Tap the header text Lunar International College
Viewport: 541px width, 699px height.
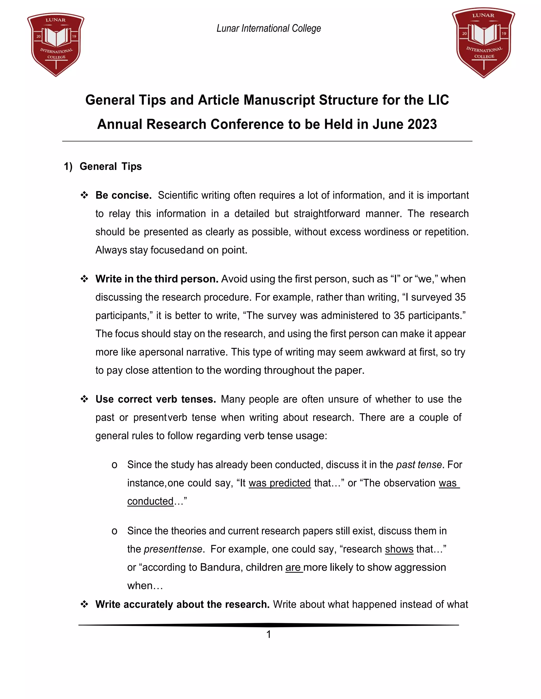click(269, 28)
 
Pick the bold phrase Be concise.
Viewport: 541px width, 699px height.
click(123, 195)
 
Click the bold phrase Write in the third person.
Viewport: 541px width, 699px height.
click(157, 279)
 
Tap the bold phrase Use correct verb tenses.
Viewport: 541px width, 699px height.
click(155, 399)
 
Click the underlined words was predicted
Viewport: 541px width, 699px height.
click(279, 483)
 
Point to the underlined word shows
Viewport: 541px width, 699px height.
click(399, 549)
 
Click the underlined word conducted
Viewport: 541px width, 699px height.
click(150, 501)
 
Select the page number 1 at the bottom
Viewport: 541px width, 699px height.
click(269, 634)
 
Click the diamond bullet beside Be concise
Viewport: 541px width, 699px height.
click(84, 195)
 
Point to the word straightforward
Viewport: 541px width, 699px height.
click(327, 213)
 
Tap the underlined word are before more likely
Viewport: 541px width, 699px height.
click(293, 567)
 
